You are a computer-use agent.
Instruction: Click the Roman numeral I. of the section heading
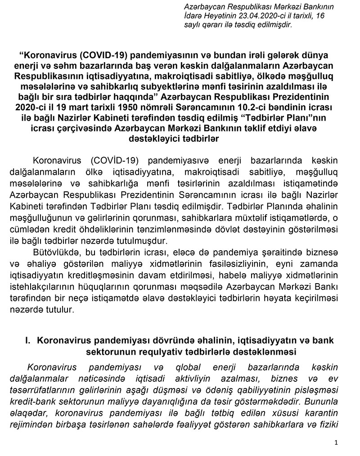coord(28,341)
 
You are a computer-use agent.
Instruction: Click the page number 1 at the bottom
coord(336,443)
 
